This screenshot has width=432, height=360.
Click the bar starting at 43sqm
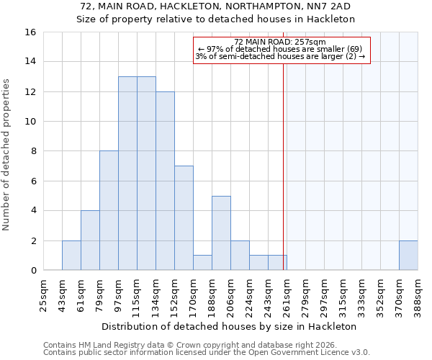71,256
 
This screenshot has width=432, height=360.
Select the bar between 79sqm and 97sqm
109,210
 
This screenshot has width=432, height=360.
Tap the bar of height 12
165,181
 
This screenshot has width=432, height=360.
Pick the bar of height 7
184,218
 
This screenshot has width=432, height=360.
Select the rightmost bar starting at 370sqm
408,256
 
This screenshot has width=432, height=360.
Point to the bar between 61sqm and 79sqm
90,240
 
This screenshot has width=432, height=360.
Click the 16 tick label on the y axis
30,32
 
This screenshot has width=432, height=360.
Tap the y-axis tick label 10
30,122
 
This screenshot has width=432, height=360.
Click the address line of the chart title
215,6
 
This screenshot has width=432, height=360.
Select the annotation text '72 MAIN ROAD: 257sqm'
280,42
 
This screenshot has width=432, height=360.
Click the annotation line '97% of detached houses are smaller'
280,49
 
